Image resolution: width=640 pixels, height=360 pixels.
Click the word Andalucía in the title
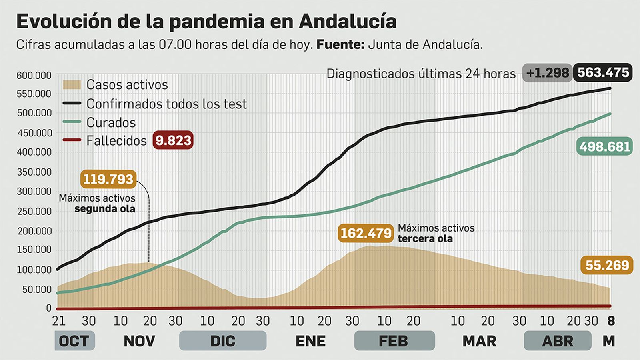[347, 22]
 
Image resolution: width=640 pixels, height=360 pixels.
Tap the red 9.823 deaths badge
[173, 140]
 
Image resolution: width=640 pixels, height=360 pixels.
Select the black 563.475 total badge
[603, 72]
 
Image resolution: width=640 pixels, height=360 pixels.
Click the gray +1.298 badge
[547, 73]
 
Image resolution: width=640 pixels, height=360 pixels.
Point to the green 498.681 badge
[604, 146]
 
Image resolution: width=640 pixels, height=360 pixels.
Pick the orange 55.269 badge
[607, 265]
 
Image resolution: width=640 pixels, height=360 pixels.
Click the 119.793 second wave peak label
[108, 179]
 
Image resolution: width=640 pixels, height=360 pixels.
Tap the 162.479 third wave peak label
[366, 233]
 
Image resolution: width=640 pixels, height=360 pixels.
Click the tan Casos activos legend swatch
[72, 84]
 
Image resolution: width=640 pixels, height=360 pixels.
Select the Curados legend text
[111, 122]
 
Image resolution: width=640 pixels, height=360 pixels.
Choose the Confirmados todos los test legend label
[166, 104]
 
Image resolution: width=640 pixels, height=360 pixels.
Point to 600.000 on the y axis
[34, 76]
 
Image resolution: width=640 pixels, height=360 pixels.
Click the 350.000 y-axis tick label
[34, 172]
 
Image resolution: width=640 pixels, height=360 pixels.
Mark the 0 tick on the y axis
[49, 308]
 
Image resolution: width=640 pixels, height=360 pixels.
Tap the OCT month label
[74, 341]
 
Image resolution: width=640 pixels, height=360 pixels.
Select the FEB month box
[394, 341]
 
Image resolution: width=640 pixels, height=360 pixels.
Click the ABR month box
[557, 341]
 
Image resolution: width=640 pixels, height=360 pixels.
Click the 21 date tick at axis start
[59, 321]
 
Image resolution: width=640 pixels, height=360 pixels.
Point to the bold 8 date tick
[611, 321]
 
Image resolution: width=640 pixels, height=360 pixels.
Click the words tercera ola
[425, 239]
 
